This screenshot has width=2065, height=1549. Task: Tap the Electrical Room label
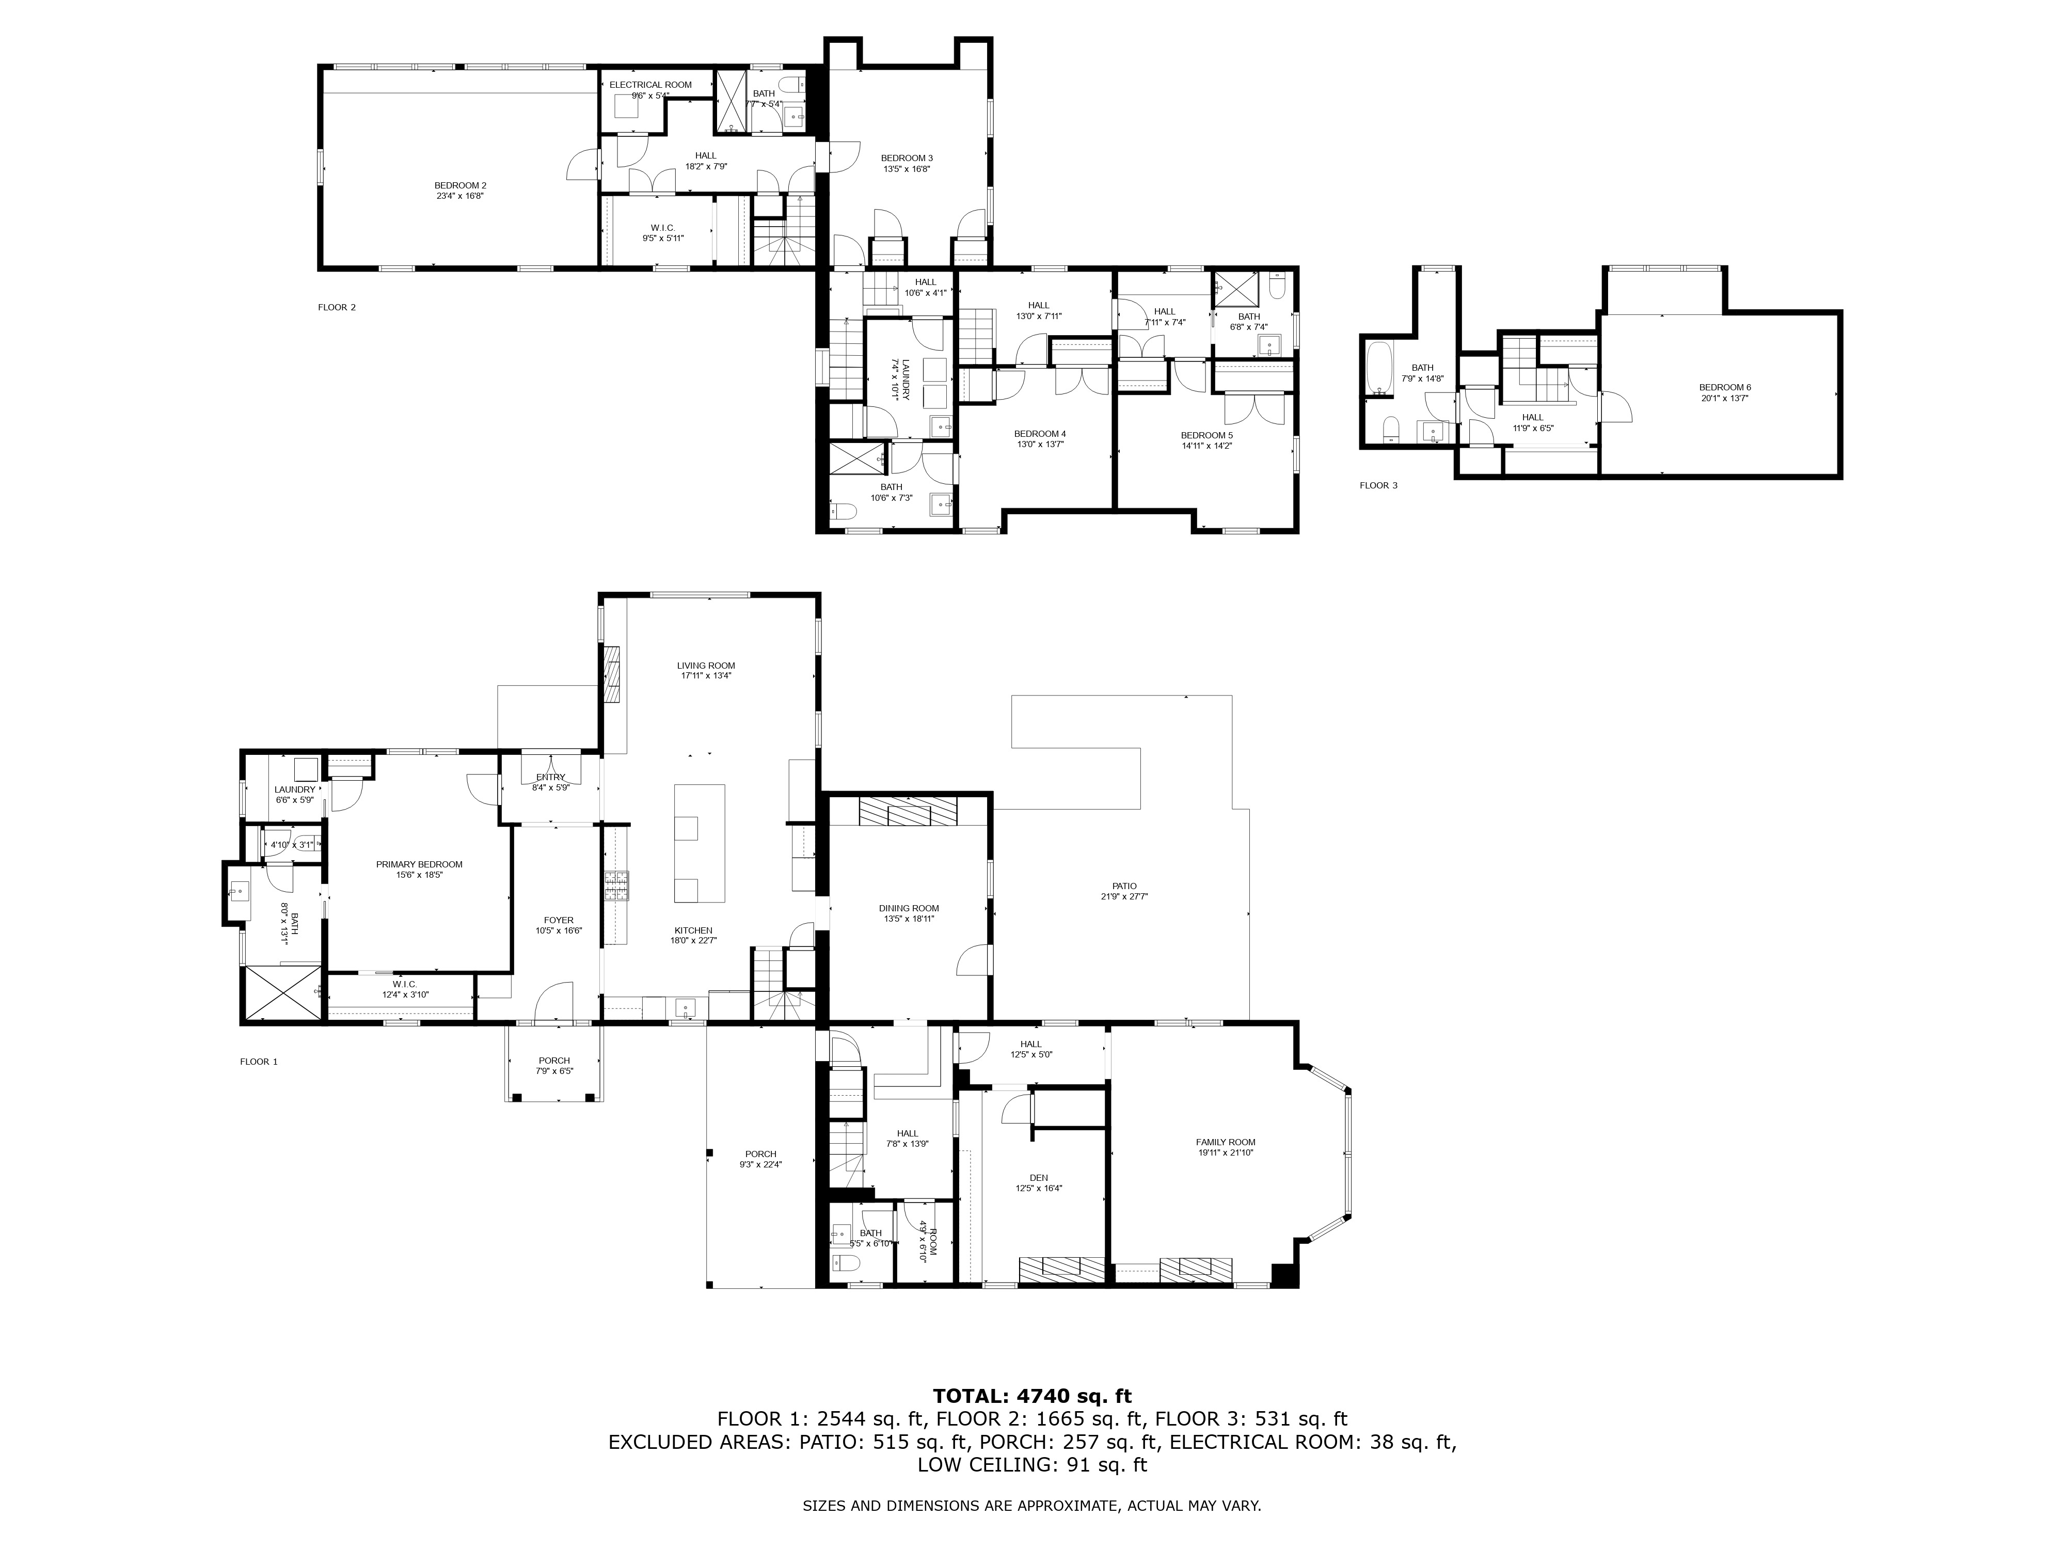click(650, 85)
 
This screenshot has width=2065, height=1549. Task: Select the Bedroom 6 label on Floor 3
click(1724, 387)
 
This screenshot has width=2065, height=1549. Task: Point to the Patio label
click(1124, 886)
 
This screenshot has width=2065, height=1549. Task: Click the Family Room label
click(1225, 1142)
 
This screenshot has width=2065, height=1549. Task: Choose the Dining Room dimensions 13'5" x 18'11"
click(908, 919)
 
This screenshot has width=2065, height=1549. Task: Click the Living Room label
click(706, 666)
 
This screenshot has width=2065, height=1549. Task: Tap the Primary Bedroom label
click(419, 865)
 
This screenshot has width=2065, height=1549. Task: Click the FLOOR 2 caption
click(337, 307)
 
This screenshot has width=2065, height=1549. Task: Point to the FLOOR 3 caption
click(1378, 485)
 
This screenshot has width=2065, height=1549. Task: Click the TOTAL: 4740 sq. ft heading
click(1031, 1396)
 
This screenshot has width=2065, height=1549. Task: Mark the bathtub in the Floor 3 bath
click(1378, 369)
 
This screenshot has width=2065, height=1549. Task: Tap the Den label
click(1038, 1177)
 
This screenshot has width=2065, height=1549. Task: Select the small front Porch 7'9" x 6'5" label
click(553, 1061)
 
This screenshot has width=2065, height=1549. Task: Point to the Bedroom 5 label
click(1206, 435)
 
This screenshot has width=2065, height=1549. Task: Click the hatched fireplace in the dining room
click(908, 812)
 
